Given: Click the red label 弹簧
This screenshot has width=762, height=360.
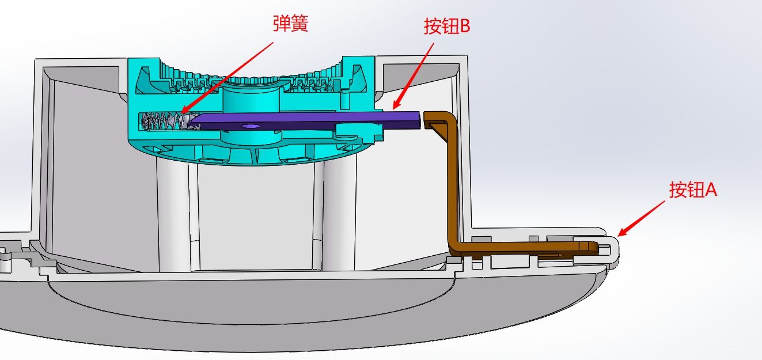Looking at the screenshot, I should pos(290,25).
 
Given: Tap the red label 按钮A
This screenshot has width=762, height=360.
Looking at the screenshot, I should pos(693,190).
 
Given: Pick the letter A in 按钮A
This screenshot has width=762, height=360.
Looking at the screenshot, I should pos(710,190).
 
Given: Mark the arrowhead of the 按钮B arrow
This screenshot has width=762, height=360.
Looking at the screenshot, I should pos(393,108).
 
